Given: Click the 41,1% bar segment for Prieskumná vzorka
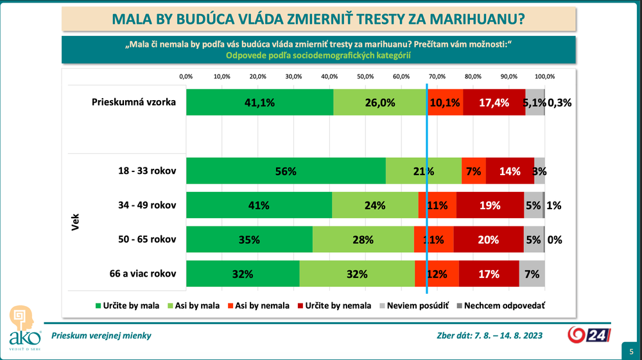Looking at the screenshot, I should (260, 102).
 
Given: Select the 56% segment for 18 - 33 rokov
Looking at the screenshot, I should (286, 171).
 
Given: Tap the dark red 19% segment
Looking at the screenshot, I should (490, 206).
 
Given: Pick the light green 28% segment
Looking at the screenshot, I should (363, 240).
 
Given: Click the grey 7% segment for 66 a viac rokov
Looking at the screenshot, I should (532, 274).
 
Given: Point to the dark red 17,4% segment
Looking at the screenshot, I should (494, 102).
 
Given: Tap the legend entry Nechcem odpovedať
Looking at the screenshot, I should (500, 305).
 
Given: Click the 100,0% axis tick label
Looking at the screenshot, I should (544, 76).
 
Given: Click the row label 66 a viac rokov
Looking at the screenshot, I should (143, 274).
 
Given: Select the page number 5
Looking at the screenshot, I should (631, 351).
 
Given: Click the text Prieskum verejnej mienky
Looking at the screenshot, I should (101, 335).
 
